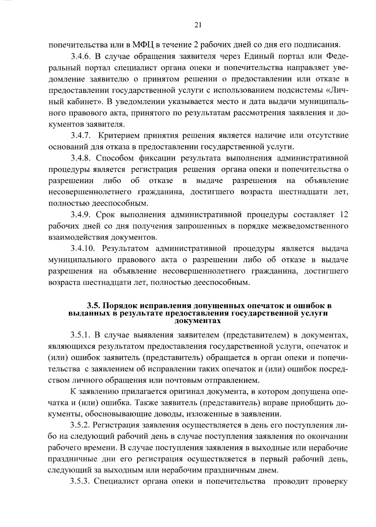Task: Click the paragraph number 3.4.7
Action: pos(81,135)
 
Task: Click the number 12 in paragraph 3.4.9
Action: pos(344,215)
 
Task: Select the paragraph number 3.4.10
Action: pos(83,249)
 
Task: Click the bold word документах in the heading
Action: pos(197,321)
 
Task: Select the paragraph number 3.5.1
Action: pos(81,335)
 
